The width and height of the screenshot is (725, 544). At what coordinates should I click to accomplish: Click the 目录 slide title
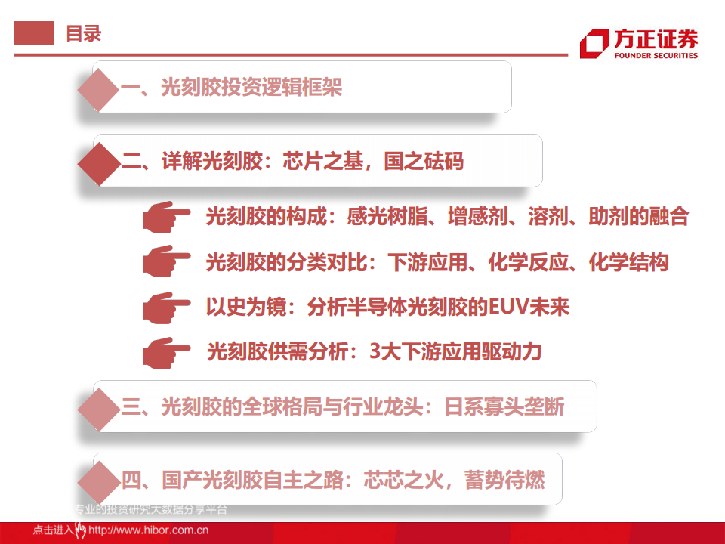point(83,33)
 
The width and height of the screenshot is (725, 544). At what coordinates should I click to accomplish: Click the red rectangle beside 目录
point(35,33)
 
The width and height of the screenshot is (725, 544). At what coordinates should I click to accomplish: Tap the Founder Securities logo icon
point(594,43)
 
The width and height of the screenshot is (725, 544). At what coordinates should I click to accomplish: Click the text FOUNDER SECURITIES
point(656,55)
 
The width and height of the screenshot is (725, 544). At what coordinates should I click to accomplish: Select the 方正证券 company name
point(656,39)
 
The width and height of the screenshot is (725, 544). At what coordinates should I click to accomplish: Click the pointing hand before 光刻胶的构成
point(167,218)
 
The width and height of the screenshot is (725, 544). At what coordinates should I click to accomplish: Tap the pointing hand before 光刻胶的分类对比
point(167,262)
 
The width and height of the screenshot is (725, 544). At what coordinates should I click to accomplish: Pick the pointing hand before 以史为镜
point(167,307)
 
